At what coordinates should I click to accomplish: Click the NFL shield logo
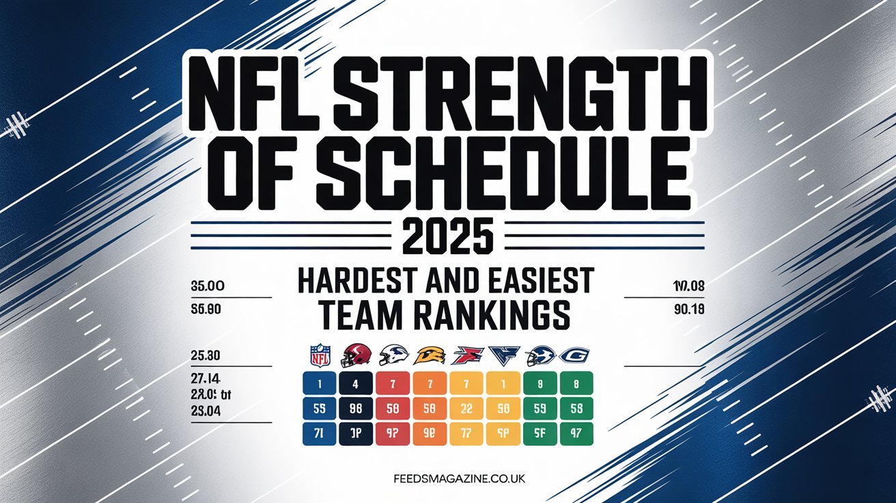(x=320, y=355)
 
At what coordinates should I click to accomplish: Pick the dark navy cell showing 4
(x=355, y=384)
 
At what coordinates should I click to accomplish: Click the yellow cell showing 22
(x=467, y=409)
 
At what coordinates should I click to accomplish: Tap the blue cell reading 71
(x=319, y=433)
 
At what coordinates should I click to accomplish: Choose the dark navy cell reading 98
(x=355, y=409)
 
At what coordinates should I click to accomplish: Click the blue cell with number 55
(x=319, y=409)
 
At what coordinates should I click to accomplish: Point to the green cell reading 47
(x=576, y=433)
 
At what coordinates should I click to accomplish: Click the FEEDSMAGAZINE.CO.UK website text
(x=448, y=479)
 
